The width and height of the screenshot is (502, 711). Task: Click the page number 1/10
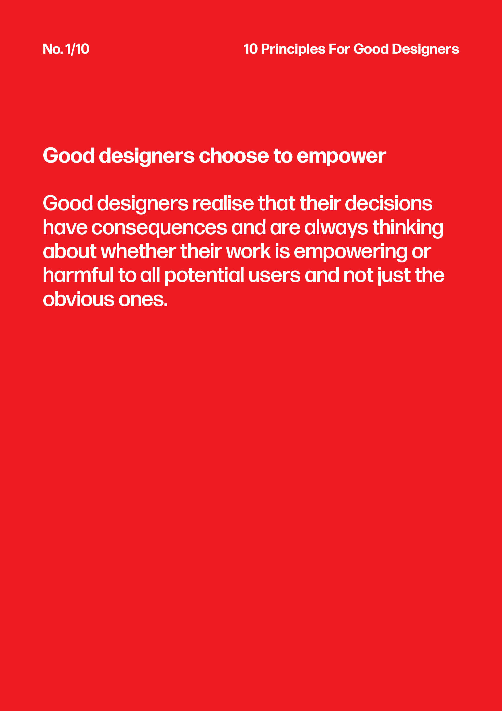[x=77, y=49]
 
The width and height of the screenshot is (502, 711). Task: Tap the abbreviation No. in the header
[x=53, y=49]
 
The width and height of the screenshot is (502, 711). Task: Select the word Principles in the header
[x=293, y=49]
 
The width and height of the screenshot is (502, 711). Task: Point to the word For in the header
[x=339, y=49]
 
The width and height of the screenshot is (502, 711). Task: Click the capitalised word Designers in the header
[x=425, y=49]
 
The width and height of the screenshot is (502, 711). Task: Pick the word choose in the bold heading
[x=234, y=155]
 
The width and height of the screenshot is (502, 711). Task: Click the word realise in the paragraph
[x=223, y=203]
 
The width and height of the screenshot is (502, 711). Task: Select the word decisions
[x=389, y=203]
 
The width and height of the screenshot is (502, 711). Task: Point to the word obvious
[x=78, y=299]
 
